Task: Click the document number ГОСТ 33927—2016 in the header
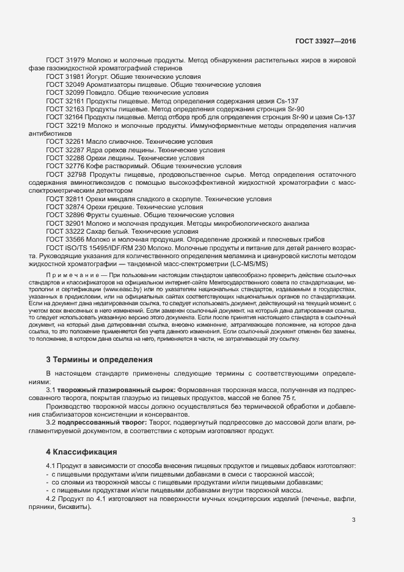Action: pos(326,42)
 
